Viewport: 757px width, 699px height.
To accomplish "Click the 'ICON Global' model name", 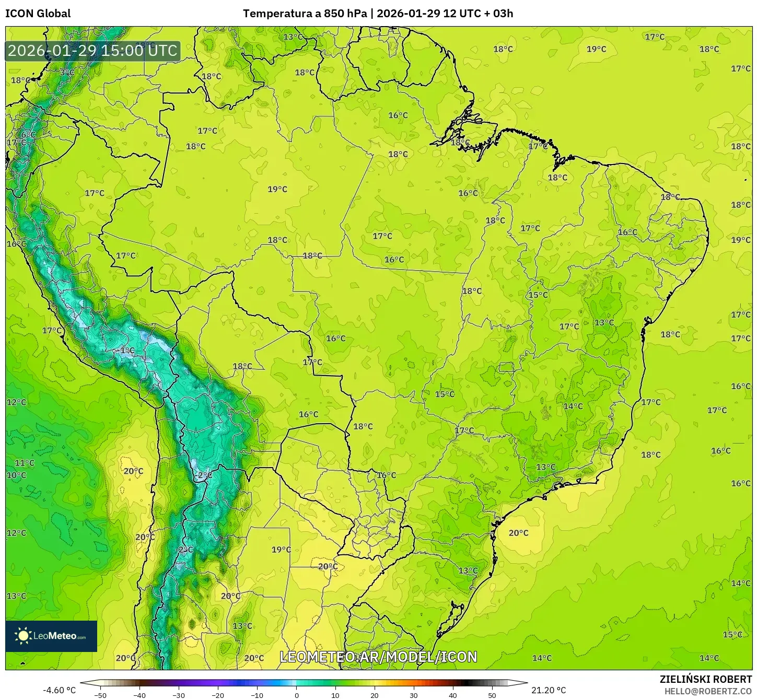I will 38,14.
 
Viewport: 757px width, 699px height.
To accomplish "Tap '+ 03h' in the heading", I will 498,14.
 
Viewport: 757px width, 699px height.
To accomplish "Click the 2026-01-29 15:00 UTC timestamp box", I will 92,51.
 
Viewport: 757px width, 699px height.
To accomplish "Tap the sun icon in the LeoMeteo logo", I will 23,636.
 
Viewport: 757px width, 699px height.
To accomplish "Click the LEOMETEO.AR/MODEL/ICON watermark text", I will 378,657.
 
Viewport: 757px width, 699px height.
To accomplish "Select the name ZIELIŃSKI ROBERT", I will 705,679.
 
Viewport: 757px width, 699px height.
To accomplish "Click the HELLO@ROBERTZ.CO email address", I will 708,691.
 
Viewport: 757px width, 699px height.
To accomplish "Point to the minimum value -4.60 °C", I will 59,690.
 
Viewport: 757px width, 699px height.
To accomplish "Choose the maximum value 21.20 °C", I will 549,690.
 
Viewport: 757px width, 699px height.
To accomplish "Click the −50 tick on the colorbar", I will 100,695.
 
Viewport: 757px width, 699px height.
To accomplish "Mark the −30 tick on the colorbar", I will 179,695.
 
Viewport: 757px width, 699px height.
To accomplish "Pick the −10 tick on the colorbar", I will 257,695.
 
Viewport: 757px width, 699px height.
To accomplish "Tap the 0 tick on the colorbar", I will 296,695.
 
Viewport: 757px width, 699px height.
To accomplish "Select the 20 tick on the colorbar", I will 375,695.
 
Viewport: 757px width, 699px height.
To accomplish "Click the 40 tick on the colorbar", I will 453,695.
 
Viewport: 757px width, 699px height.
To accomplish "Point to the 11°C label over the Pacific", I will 25,463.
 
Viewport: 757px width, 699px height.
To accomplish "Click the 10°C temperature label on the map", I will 16,475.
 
